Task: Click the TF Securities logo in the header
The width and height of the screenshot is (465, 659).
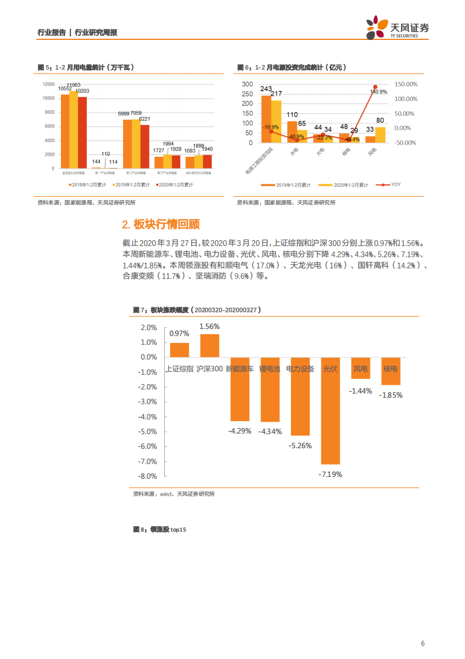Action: (398, 27)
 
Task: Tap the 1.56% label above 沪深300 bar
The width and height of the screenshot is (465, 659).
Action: (209, 327)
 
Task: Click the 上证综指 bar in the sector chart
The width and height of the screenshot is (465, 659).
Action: (179, 350)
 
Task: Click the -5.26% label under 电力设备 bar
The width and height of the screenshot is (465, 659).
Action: (300, 446)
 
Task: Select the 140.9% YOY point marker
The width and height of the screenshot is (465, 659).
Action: (375, 87)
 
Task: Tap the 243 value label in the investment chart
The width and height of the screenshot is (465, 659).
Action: (266, 89)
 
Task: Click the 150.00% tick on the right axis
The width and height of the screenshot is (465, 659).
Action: (405, 84)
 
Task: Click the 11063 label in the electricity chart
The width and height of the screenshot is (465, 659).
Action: (73, 85)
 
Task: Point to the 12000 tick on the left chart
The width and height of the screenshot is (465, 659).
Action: (49, 84)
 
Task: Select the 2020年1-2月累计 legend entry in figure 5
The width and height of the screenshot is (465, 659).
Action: (176, 184)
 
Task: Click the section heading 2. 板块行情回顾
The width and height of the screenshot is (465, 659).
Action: (161, 224)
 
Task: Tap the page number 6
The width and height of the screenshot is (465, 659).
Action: (422, 643)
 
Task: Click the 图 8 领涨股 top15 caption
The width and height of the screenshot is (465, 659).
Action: (159, 530)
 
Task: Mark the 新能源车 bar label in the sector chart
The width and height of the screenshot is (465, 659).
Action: (239, 369)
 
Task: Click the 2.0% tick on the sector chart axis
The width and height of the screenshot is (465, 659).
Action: (149, 327)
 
